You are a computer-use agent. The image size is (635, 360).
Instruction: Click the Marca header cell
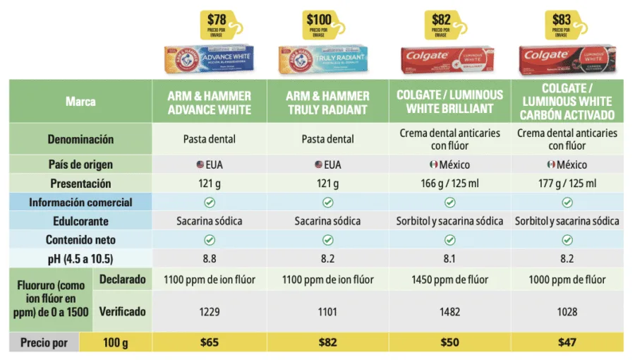80,102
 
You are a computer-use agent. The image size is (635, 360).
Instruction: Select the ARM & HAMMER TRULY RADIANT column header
328,102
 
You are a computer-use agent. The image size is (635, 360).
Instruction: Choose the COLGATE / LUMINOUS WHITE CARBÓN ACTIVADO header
567,102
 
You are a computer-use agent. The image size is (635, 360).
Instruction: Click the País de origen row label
80,164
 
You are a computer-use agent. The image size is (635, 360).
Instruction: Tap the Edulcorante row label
80,221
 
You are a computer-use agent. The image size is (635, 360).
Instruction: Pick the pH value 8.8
210,258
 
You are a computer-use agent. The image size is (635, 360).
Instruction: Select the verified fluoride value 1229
210,311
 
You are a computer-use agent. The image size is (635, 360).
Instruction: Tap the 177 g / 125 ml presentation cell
567,184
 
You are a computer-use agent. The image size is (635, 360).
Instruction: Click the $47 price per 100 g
567,343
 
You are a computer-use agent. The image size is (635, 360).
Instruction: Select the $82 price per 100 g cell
328,343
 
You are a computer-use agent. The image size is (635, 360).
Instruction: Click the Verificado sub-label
122,311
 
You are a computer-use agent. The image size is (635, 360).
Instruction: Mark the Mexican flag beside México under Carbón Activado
551,164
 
